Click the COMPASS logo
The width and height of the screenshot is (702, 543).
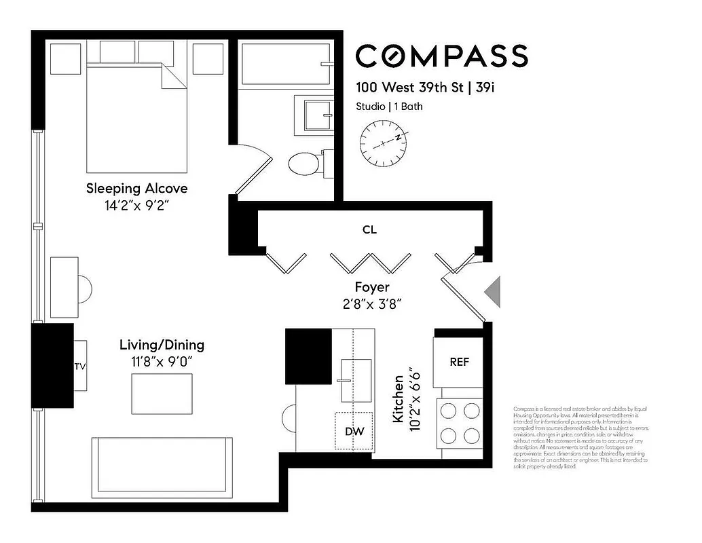click(x=441, y=56)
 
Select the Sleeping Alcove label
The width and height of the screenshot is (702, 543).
click(x=136, y=188)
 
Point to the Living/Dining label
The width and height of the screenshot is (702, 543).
click(x=162, y=345)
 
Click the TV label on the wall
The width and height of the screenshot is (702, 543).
click(x=80, y=367)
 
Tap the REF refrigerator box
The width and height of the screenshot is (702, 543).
click(x=459, y=362)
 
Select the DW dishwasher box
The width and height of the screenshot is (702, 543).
click(x=354, y=431)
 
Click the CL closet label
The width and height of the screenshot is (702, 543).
click(x=369, y=230)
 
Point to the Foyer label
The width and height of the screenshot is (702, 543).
click(x=372, y=287)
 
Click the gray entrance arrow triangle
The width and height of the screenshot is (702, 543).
click(x=492, y=291)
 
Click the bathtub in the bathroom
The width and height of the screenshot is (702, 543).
click(x=286, y=64)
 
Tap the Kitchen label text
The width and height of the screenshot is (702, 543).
click(x=399, y=398)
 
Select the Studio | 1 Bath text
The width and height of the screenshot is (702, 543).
click(x=389, y=107)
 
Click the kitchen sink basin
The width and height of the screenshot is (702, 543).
click(x=355, y=380)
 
